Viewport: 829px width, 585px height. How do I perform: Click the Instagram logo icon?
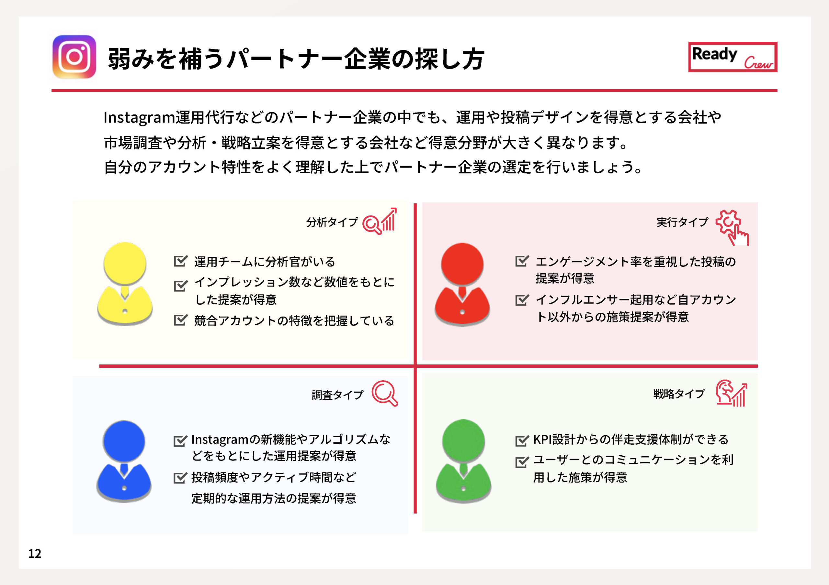[74, 57]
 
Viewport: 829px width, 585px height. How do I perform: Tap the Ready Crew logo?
[732, 57]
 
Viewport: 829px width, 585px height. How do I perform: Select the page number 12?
[35, 553]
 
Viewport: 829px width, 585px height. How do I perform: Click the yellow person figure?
[125, 284]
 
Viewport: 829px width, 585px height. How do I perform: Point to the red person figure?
[462, 284]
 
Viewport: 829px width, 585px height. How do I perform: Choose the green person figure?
[464, 460]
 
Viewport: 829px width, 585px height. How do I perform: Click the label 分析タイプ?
[332, 222]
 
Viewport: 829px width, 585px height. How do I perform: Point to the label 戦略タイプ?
[679, 394]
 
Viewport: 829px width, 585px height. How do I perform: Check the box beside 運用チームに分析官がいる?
[180, 260]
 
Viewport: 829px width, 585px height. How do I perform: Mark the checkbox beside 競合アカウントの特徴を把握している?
[180, 320]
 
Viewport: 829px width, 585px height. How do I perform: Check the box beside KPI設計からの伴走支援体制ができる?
[522, 440]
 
